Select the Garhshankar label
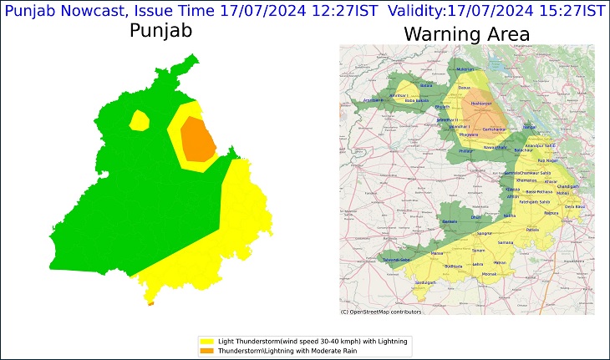pos(496,129)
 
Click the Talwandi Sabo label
pos(395,260)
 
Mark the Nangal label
pos(529,127)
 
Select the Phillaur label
pos(466,150)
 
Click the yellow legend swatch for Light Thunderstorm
pos(207,342)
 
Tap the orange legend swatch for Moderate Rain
pos(207,351)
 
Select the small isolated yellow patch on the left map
pos(140,122)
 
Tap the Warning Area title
pos(466,34)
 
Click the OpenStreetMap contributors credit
pos(381,312)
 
